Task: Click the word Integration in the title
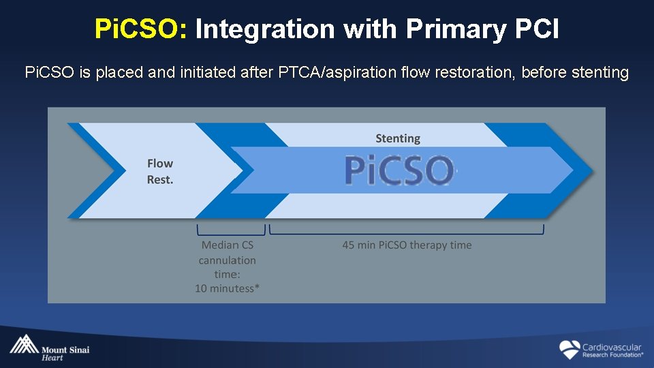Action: click(x=265, y=29)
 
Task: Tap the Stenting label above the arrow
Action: click(x=398, y=138)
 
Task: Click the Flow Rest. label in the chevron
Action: click(x=160, y=171)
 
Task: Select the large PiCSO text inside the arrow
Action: click(x=399, y=170)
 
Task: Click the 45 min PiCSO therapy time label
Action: click(x=407, y=245)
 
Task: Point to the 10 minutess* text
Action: click(x=227, y=288)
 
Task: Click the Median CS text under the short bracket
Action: click(x=227, y=245)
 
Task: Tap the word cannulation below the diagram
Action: click(x=227, y=260)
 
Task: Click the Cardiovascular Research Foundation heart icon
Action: click(x=570, y=350)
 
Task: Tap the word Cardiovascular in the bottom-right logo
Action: click(x=612, y=347)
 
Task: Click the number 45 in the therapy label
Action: click(x=349, y=245)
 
